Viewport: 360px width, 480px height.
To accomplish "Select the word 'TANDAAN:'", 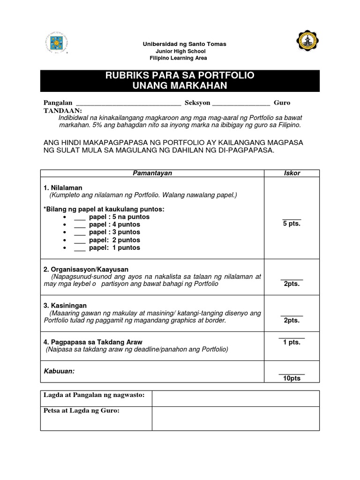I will click(62, 110).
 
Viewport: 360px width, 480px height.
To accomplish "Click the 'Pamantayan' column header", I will click(152, 173).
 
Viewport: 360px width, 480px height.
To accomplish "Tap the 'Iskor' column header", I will click(292, 173).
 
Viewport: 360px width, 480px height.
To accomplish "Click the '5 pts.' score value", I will click(292, 224).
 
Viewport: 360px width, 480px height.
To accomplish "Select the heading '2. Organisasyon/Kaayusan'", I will click(86, 270).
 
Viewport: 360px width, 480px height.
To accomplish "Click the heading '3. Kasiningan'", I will click(65, 306).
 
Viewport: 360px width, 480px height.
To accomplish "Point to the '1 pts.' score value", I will click(292, 342).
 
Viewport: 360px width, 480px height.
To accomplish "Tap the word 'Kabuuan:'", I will click(59, 371).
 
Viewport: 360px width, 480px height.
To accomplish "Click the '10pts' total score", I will click(292, 378).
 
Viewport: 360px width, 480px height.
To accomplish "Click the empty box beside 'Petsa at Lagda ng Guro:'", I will click(235, 418).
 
